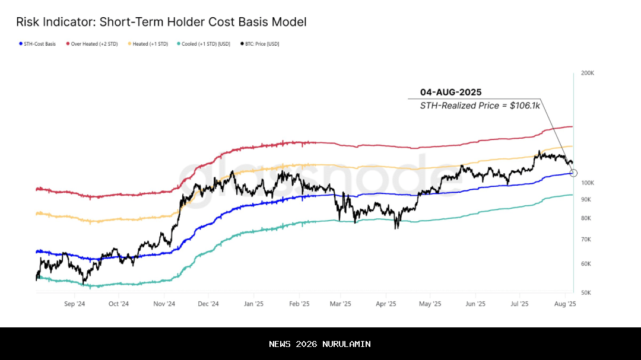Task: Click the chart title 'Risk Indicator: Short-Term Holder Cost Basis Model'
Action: (x=161, y=23)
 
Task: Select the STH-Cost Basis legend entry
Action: (x=39, y=44)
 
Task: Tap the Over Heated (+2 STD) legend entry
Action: (x=93, y=44)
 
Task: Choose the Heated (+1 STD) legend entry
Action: (x=150, y=44)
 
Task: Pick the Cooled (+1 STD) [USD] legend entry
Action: (x=206, y=44)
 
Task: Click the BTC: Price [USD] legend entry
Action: (x=261, y=44)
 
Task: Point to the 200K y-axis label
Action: (x=587, y=73)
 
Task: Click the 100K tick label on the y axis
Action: (x=587, y=183)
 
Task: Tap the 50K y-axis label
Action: (x=585, y=293)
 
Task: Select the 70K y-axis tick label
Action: (x=585, y=240)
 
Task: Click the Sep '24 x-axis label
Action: (x=74, y=304)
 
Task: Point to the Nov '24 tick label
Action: (x=164, y=304)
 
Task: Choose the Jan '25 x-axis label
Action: (x=253, y=304)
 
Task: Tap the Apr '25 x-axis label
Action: (x=386, y=304)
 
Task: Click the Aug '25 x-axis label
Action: (x=565, y=304)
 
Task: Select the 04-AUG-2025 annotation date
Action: (x=450, y=92)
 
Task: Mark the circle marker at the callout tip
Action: (x=573, y=173)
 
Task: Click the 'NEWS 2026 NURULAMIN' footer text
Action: (x=320, y=344)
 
